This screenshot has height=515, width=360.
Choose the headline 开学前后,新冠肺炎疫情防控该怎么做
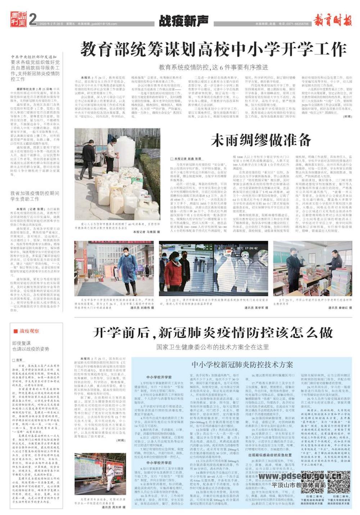pos(213,332)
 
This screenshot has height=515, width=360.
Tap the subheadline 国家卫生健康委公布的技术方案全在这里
pos(213,347)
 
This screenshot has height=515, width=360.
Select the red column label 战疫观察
pos(29,331)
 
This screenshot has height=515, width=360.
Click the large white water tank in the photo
pos(126,146)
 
